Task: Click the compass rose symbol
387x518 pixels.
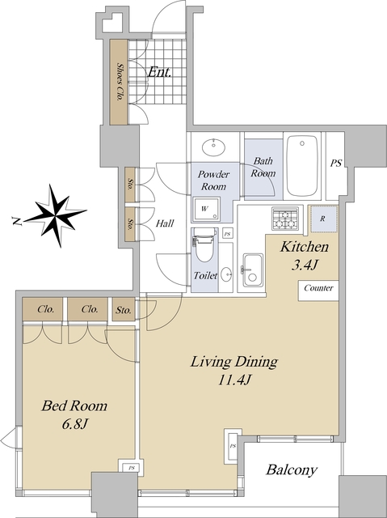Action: click(56, 215)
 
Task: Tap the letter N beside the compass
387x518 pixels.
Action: click(16, 221)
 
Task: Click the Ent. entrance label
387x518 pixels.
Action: click(159, 72)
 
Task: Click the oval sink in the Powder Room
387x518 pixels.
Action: click(213, 147)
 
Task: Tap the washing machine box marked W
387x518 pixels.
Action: click(207, 209)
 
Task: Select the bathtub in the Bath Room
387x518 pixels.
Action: click(302, 166)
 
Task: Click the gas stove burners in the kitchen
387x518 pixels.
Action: click(285, 219)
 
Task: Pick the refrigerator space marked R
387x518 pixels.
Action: click(323, 219)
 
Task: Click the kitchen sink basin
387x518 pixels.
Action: click(253, 270)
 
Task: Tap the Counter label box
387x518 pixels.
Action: click(318, 291)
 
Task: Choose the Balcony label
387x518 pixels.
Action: click(292, 470)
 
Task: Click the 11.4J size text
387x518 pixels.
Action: click(235, 380)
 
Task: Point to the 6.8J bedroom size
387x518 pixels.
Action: click(74, 423)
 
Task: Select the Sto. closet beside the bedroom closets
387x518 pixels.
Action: click(124, 309)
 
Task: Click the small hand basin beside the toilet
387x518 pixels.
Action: click(226, 274)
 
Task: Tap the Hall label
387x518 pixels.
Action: click(165, 223)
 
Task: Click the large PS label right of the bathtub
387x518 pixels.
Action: click(336, 163)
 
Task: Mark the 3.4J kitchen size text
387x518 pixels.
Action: click(305, 265)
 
